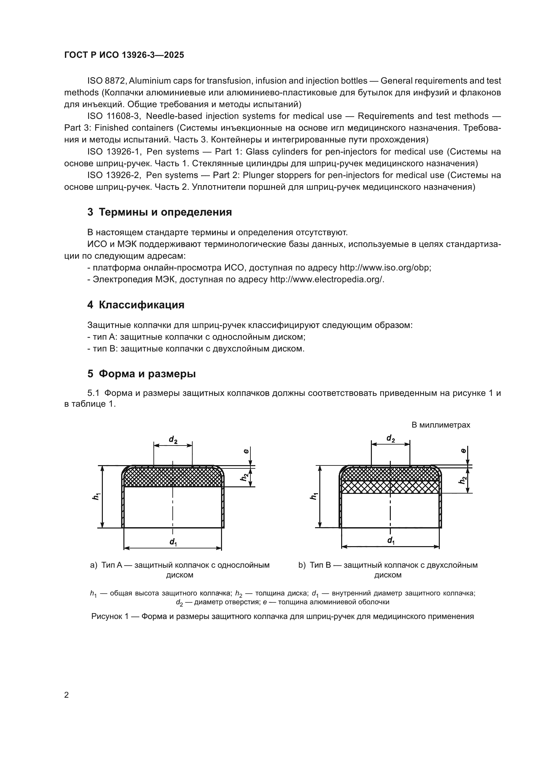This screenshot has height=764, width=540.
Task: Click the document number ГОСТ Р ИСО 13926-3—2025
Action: tap(124, 55)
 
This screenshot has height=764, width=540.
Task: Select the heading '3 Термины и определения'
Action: tap(159, 212)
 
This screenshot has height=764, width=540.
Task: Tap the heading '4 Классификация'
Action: tap(136, 305)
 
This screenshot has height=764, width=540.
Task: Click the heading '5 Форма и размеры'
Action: tap(141, 374)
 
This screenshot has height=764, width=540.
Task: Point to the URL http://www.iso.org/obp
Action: tap(385, 268)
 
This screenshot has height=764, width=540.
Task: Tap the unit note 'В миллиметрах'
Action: tap(440, 425)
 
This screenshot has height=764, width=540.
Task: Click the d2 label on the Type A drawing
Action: tap(173, 440)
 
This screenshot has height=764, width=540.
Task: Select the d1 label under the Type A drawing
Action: tap(173, 542)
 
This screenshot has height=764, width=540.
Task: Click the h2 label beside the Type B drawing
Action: tap(463, 480)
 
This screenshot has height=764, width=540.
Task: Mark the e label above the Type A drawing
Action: tap(246, 451)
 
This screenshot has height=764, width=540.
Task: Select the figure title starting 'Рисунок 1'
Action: tap(282, 616)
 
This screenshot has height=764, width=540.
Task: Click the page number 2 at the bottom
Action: tap(66, 695)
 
